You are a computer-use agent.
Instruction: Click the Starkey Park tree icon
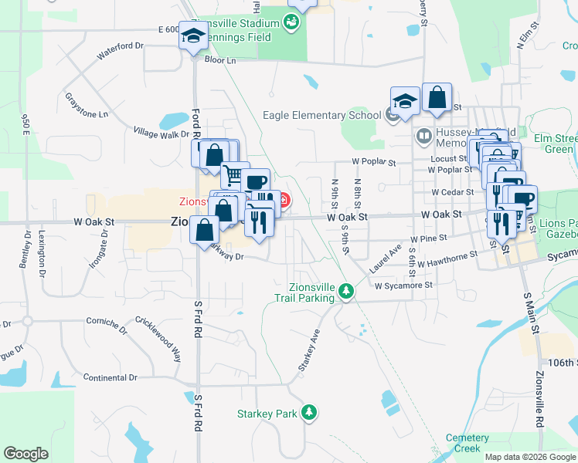309,413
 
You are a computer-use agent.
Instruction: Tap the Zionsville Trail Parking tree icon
347,292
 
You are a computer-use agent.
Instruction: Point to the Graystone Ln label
87,106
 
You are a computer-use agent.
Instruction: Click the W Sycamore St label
403,286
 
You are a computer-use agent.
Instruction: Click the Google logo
25,454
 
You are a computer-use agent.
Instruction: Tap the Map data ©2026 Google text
530,457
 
